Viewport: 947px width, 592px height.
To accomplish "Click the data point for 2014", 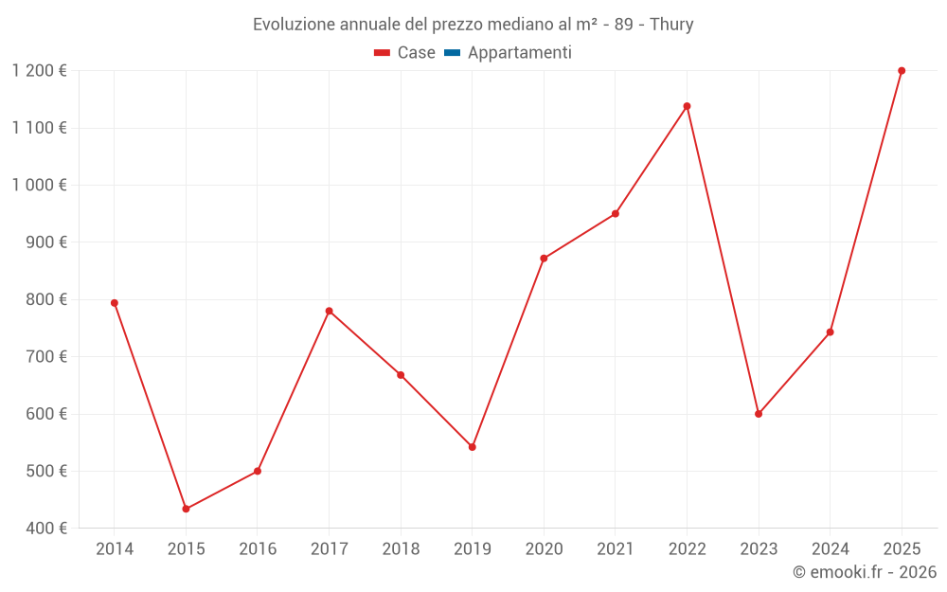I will pyautogui.click(x=115, y=303).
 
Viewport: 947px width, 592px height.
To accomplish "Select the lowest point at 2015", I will pyautogui.click(x=186, y=509).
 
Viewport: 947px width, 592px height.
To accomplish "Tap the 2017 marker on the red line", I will pyautogui.click(x=329, y=311).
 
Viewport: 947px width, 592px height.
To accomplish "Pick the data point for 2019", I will pyautogui.click(x=472, y=447).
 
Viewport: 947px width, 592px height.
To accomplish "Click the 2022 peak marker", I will pyautogui.click(x=687, y=106).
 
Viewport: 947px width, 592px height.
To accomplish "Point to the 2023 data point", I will pyautogui.click(x=759, y=414).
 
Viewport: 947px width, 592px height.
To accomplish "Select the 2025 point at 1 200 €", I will pyautogui.click(x=902, y=71).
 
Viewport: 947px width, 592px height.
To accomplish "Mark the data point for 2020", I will pyautogui.click(x=544, y=259).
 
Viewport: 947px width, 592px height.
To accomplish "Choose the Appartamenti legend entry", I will pyautogui.click(x=519, y=53).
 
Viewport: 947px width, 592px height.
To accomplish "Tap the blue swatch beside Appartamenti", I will pyautogui.click(x=452, y=53).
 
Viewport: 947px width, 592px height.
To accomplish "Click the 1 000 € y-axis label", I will pyautogui.click(x=40, y=185).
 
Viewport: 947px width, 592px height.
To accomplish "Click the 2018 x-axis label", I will pyautogui.click(x=401, y=548).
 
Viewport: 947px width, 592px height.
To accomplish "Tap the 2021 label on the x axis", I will pyautogui.click(x=616, y=548).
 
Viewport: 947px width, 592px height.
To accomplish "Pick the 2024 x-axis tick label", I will pyautogui.click(x=830, y=548).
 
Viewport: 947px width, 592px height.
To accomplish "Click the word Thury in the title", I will pyautogui.click(x=671, y=24).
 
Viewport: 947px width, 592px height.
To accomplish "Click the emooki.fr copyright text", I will pyautogui.click(x=865, y=572).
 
